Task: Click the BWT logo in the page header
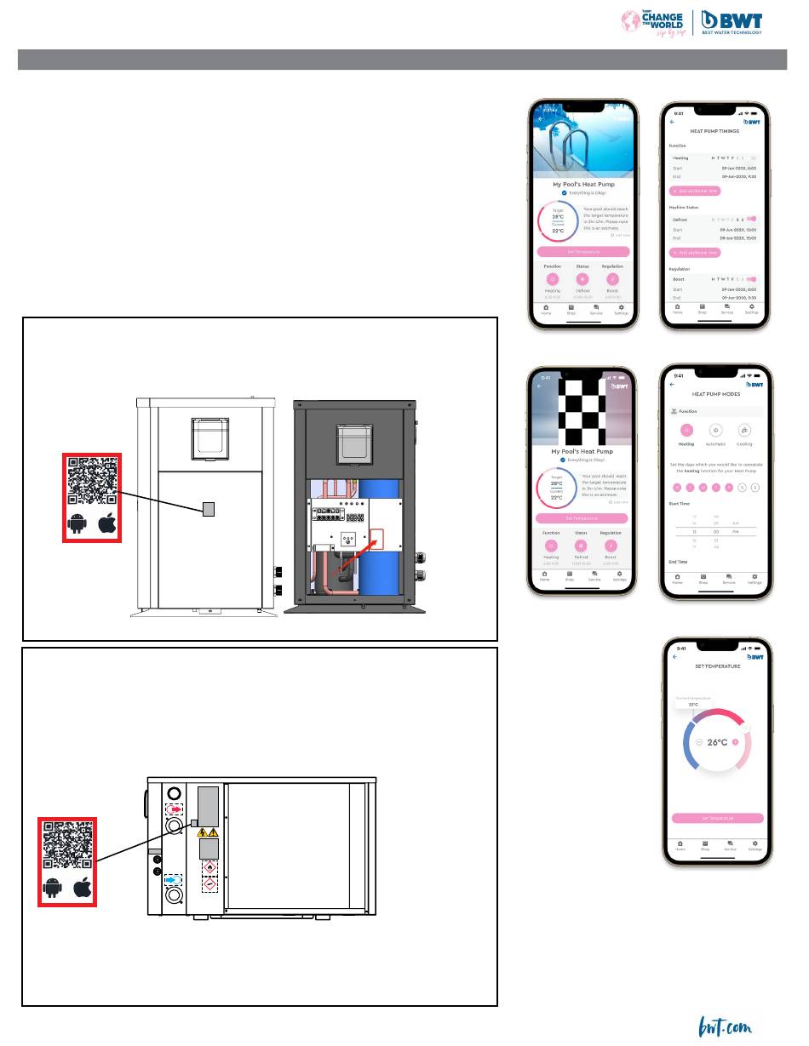point(732,22)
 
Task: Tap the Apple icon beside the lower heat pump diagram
point(83,889)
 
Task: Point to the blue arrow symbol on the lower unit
point(173,879)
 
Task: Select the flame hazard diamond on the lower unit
point(208,866)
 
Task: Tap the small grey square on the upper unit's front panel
point(208,509)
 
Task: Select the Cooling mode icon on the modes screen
point(744,431)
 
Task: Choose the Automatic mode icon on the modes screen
point(716,431)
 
